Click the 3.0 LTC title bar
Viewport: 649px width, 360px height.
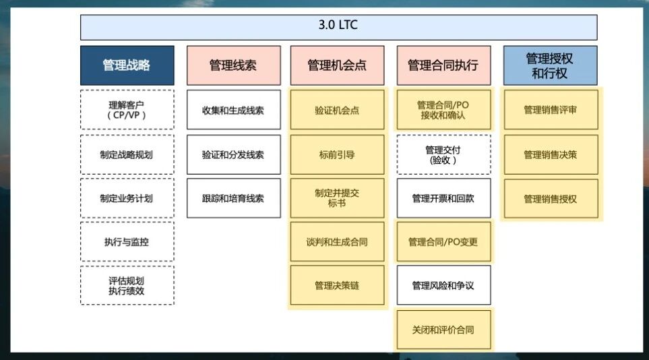pos(338,27)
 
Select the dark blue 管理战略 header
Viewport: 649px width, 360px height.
pos(127,65)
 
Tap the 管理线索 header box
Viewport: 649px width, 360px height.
pos(233,65)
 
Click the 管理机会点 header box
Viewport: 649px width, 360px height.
pos(337,65)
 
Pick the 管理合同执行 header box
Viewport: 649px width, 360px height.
pos(443,65)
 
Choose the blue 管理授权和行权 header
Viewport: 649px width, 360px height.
pos(550,65)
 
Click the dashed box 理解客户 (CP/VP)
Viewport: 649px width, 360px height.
pos(127,110)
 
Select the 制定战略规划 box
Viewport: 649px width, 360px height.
pos(127,154)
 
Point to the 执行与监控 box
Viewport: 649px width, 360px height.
pos(127,242)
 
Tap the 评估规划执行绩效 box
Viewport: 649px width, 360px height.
pos(127,286)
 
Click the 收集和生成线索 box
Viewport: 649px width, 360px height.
pos(233,110)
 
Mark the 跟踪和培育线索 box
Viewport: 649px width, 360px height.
pos(233,198)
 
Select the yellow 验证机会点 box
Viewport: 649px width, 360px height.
pos(337,110)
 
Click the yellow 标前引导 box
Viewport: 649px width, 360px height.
pos(337,154)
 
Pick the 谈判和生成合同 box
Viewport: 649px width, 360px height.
pos(337,242)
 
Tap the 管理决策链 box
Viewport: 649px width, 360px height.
pos(337,286)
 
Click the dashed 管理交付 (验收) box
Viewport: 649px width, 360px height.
pos(443,154)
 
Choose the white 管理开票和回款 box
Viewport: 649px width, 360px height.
pos(443,198)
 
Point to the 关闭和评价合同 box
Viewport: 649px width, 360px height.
pos(443,330)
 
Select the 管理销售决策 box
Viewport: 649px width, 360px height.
pos(550,154)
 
